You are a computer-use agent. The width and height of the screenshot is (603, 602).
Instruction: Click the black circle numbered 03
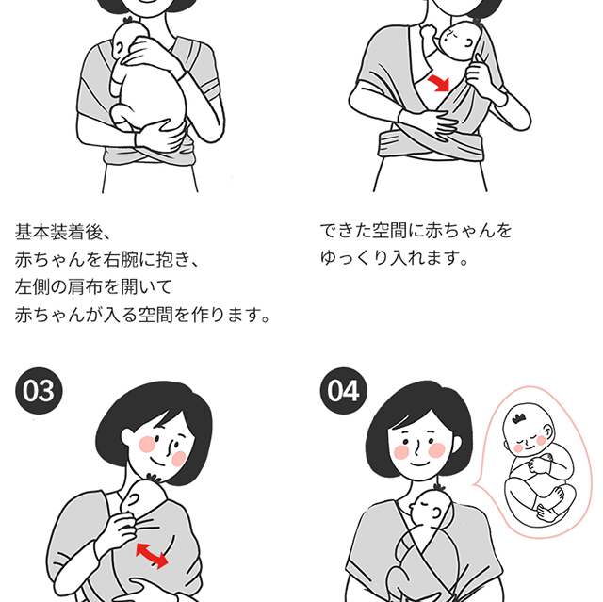tap(39, 391)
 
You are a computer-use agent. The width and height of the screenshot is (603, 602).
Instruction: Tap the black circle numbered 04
tap(343, 391)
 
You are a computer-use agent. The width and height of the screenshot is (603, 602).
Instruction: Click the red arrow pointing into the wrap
tap(439, 83)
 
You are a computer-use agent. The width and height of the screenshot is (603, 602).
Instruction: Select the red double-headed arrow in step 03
tap(152, 556)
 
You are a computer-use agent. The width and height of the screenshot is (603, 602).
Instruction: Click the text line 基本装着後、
tap(63, 232)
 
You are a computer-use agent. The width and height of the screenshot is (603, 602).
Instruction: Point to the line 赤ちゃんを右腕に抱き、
tap(106, 259)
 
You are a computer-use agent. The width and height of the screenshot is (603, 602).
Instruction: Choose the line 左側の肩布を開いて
tap(93, 286)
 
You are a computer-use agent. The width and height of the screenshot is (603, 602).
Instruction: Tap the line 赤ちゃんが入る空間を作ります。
tap(142, 315)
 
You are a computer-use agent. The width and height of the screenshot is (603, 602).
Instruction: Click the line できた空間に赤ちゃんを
tap(416, 231)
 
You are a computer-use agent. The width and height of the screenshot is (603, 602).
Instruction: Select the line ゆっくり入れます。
tap(395, 257)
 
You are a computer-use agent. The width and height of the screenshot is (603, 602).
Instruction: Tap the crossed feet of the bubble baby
tap(550, 507)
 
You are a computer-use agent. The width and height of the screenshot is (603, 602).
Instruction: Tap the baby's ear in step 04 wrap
tap(437, 513)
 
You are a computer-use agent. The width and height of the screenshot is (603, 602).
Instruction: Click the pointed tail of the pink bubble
tap(475, 486)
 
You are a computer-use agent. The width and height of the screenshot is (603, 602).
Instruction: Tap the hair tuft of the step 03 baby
tap(154, 478)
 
